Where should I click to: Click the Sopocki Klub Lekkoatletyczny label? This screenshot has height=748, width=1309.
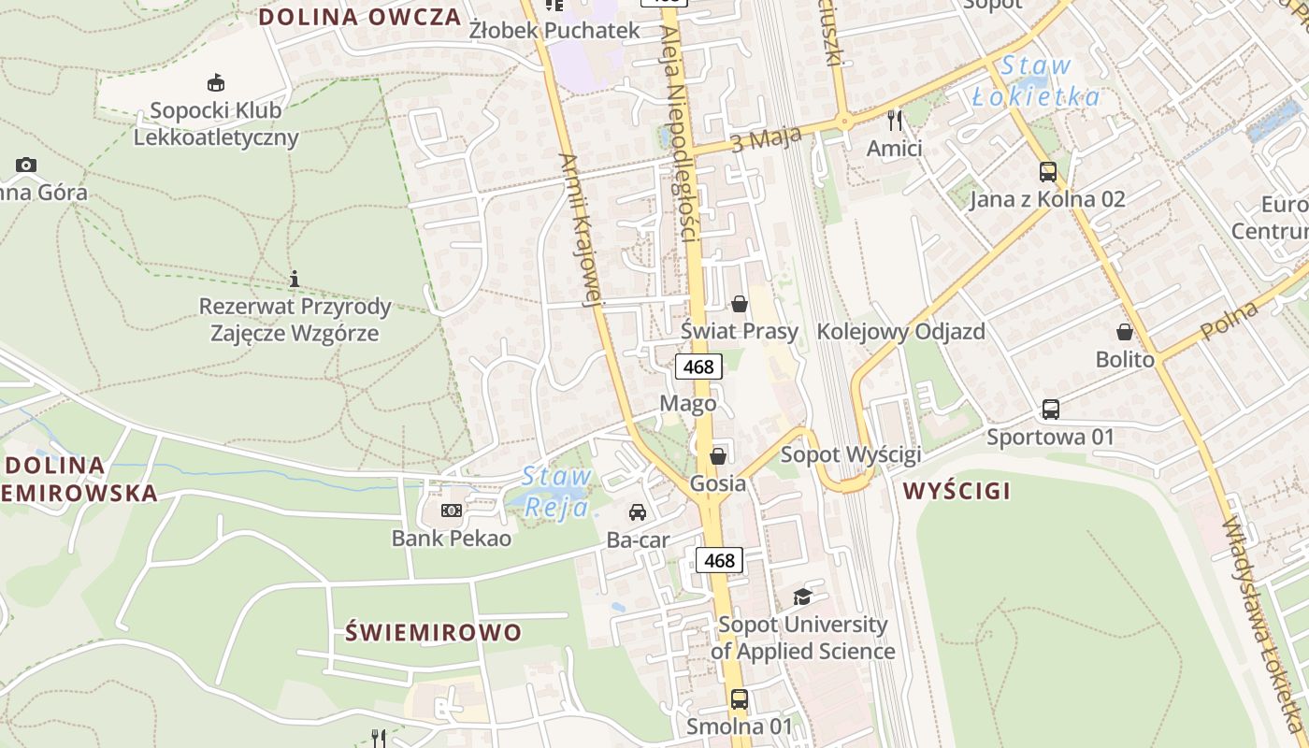tap(216, 123)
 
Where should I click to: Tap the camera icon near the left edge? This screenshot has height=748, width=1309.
tap(26, 165)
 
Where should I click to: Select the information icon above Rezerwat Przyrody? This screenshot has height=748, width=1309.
tap(295, 279)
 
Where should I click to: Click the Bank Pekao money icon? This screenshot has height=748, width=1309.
tap(452, 511)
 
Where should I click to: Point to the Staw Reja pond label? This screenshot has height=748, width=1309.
tap(557, 492)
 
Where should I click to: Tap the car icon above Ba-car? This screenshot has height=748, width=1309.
tap(638, 512)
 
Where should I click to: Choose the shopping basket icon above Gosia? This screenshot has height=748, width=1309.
tap(718, 456)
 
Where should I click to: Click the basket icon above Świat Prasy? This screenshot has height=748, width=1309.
tap(740, 304)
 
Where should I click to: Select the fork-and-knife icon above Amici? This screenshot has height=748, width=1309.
tap(895, 120)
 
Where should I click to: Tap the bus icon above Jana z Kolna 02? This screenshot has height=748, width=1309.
tap(1047, 172)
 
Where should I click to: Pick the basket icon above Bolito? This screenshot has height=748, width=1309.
tap(1125, 332)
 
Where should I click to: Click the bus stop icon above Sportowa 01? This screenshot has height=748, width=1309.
tap(1051, 410)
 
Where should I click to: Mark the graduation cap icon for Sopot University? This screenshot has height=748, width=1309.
tap(802, 597)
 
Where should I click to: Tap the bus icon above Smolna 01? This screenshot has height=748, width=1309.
tap(739, 698)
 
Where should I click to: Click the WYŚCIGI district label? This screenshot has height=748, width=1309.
tap(957, 491)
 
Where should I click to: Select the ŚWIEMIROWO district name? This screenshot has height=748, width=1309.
tap(434, 632)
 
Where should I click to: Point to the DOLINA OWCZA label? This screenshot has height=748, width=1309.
tap(360, 17)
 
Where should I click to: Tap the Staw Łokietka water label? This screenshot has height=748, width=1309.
tap(1036, 81)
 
